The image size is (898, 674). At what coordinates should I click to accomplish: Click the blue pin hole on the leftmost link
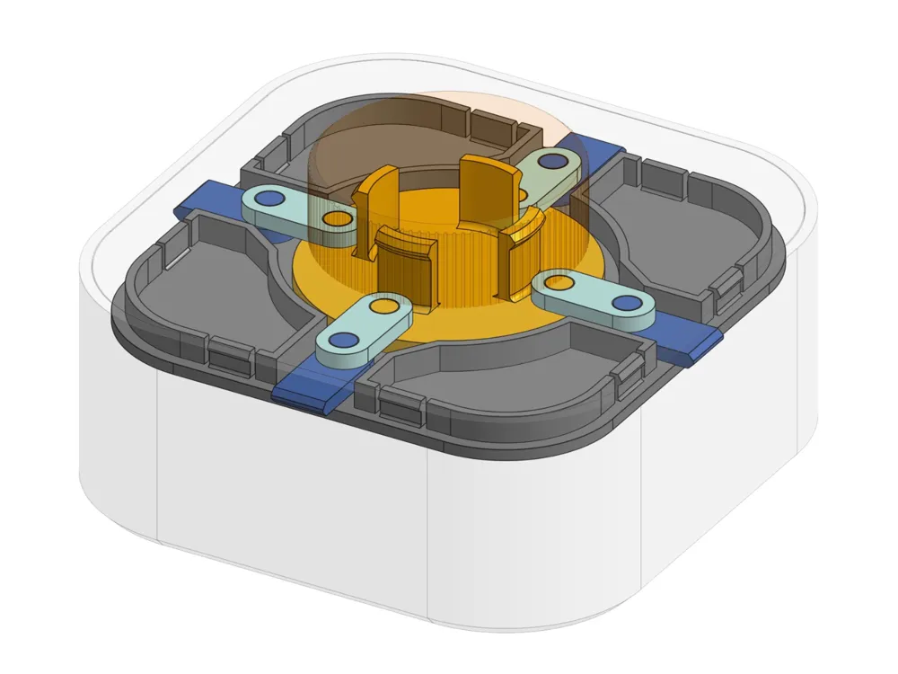268,198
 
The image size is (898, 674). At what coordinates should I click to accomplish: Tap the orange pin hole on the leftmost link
337,219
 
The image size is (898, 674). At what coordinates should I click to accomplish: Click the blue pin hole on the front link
341,341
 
